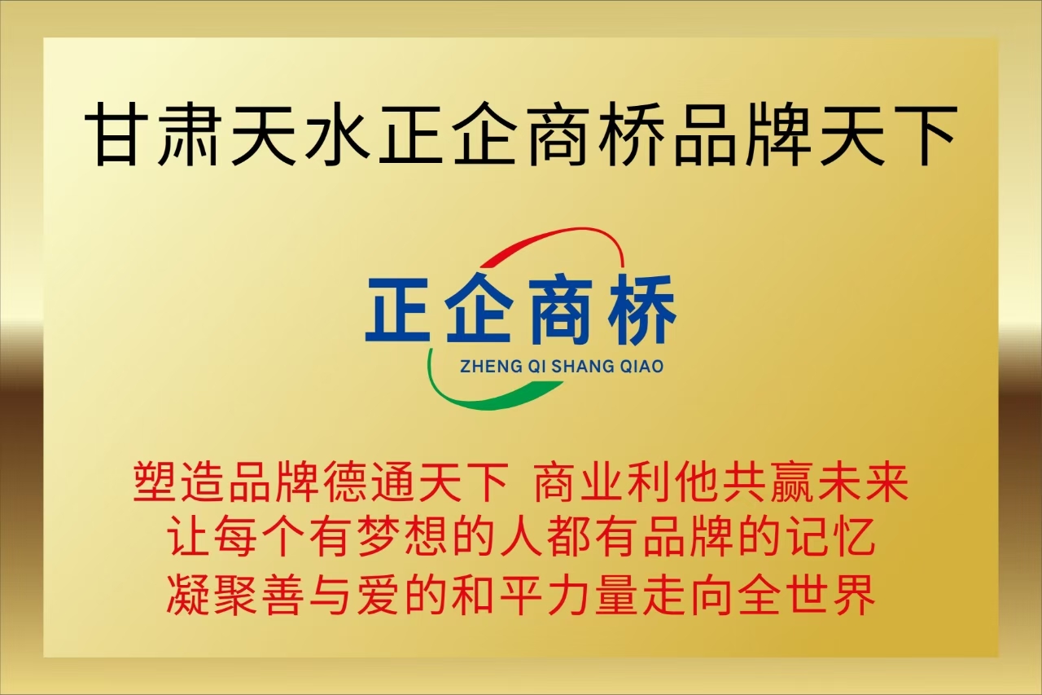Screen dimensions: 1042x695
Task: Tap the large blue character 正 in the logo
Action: (x=398, y=310)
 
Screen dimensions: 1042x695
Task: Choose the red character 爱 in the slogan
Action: (x=378, y=595)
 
